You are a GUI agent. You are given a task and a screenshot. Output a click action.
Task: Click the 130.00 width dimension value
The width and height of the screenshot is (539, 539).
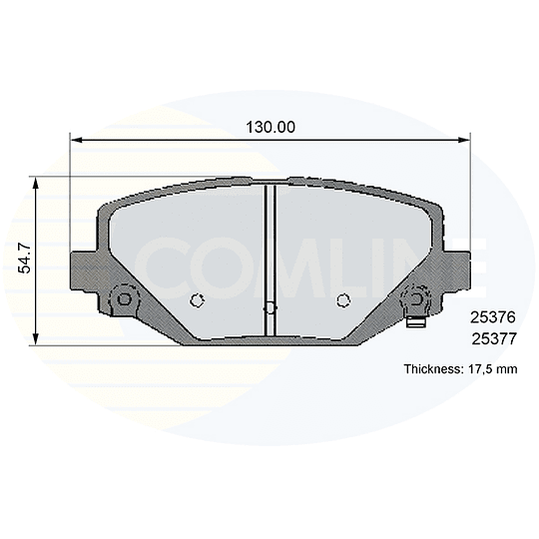coord(270,128)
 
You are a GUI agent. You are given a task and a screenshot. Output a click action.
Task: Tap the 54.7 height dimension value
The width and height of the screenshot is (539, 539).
coord(25,258)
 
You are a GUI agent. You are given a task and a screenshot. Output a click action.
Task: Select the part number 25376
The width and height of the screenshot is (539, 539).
coord(493,317)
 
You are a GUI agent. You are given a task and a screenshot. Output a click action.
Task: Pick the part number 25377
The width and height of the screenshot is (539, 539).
coord(494,339)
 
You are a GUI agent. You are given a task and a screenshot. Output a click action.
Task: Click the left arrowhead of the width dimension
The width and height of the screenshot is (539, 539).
coord(76,140)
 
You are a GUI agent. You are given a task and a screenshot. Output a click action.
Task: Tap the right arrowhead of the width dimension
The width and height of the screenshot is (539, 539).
coord(464,140)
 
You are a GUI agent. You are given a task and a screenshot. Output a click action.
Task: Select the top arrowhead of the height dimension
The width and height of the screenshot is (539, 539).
coord(35,184)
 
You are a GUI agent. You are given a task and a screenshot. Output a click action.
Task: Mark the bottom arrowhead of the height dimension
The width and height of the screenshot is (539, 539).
coord(35,338)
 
